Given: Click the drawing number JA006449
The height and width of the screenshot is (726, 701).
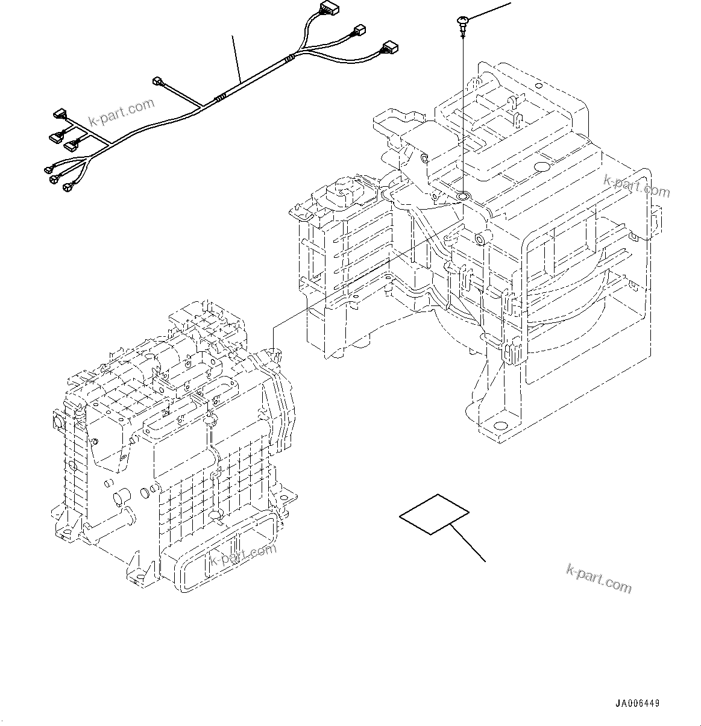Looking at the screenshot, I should (637, 704).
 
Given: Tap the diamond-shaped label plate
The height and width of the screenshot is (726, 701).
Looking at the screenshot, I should (434, 514).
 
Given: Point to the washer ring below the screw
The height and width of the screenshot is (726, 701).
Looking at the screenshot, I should (463, 196).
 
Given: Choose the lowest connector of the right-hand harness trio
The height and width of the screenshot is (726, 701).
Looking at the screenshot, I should (388, 47).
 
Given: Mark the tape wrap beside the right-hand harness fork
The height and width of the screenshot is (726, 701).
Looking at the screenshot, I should (291, 58).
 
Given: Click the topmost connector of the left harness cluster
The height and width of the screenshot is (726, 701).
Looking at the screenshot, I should (60, 113).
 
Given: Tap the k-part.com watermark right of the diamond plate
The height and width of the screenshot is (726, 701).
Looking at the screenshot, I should (599, 578).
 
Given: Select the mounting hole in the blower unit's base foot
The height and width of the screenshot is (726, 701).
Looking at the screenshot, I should (500, 425).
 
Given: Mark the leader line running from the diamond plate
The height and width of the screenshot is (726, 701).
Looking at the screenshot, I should (468, 543).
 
